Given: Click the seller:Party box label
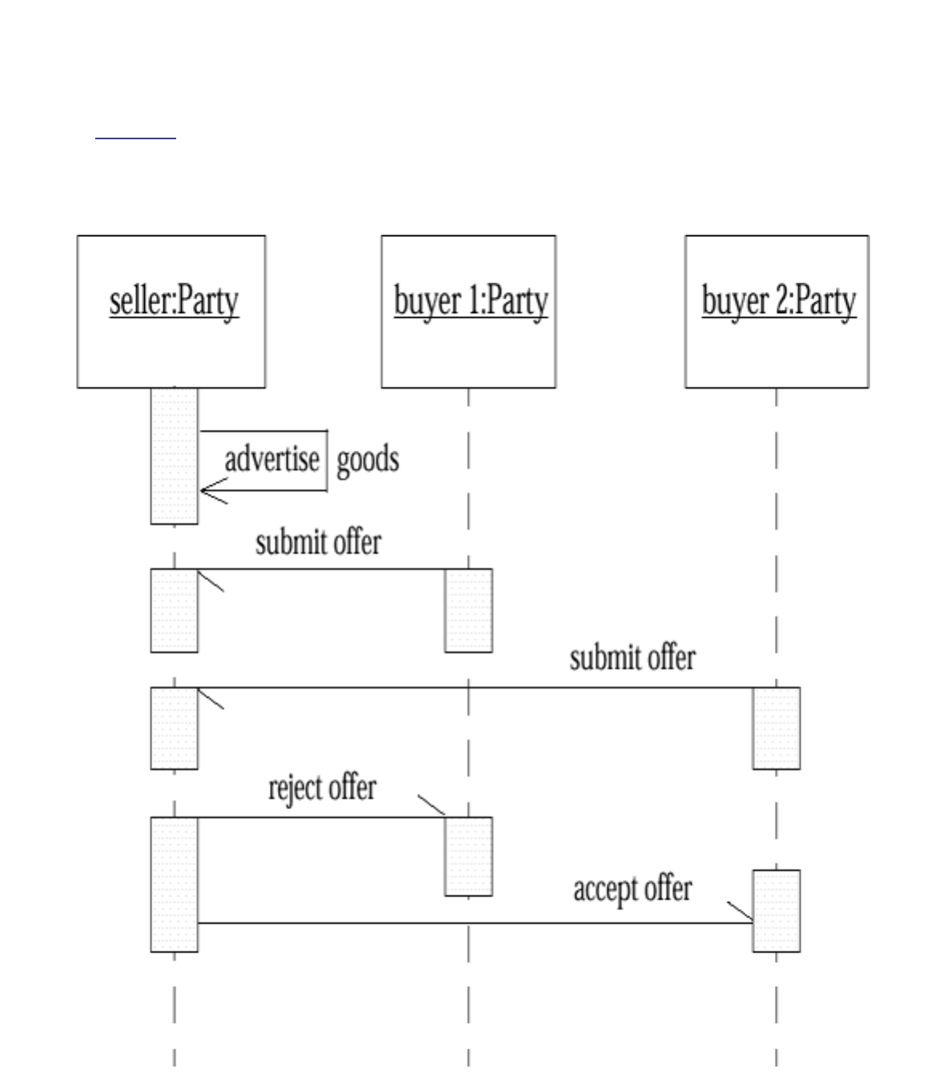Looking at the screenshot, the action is point(174,302).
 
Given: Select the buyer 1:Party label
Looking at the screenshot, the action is point(471,302).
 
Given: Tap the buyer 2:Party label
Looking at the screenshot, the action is point(778,302).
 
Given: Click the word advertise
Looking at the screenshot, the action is point(271,460).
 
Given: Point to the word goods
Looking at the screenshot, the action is point(368,460).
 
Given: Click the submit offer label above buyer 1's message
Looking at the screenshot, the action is point(318,543).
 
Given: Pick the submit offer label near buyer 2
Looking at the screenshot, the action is point(633,658).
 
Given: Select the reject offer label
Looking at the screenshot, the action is point(322,788).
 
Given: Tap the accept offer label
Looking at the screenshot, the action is point(633,888).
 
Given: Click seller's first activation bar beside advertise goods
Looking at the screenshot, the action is point(174,456).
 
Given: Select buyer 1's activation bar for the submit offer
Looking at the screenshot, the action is point(468,610).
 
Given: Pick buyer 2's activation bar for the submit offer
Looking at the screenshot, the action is point(776,728).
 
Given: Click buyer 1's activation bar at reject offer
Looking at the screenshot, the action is point(468,856).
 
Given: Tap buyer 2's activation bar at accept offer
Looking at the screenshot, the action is point(776,910).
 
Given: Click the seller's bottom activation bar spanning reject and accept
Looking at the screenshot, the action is point(174,884).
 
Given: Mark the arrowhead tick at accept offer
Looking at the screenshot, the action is point(740,912).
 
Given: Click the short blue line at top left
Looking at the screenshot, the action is point(135,138).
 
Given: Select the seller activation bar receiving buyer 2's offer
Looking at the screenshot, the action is point(174,728).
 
